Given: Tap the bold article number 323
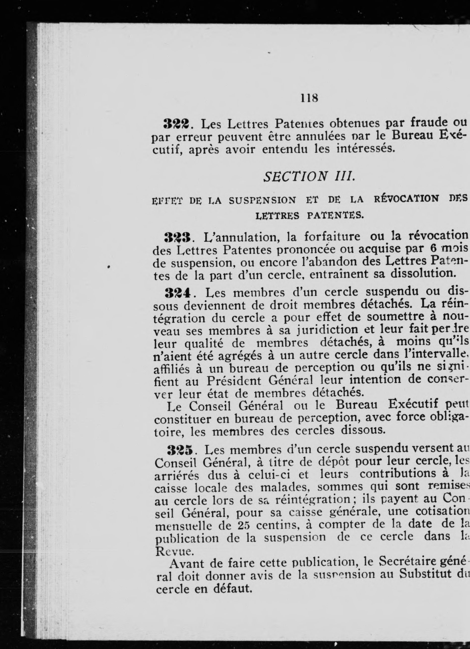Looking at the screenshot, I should coord(177,237).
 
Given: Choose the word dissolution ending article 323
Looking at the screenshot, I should coord(423,274).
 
